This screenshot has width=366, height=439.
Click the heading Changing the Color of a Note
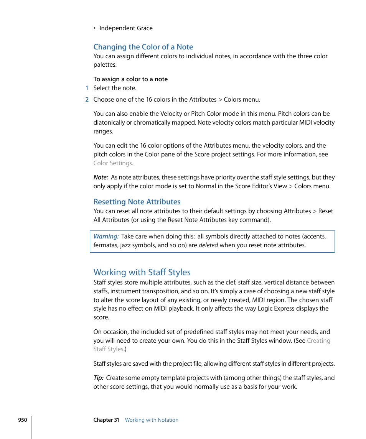point(143,47)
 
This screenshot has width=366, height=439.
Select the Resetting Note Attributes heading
point(137,202)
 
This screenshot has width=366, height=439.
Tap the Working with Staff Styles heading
point(142,272)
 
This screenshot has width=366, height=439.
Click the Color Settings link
point(113,163)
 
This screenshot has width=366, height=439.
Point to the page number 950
point(22,420)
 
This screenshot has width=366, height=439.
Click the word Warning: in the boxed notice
point(106,236)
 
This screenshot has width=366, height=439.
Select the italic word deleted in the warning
point(208,245)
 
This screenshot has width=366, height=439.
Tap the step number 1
point(87,88)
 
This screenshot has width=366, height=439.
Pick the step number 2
point(87,99)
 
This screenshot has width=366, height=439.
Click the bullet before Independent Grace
point(94,28)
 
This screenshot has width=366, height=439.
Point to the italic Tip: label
point(99,378)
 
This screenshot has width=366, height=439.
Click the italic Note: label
point(101,177)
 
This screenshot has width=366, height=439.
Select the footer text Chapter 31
point(106,420)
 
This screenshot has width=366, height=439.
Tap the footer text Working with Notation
point(152,420)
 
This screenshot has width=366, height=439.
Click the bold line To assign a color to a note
point(130,79)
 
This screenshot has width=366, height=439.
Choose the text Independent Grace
point(126,28)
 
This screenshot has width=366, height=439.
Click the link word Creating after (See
point(318,340)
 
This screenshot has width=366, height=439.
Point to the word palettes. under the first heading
point(105,64)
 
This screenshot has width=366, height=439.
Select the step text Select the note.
point(115,88)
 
